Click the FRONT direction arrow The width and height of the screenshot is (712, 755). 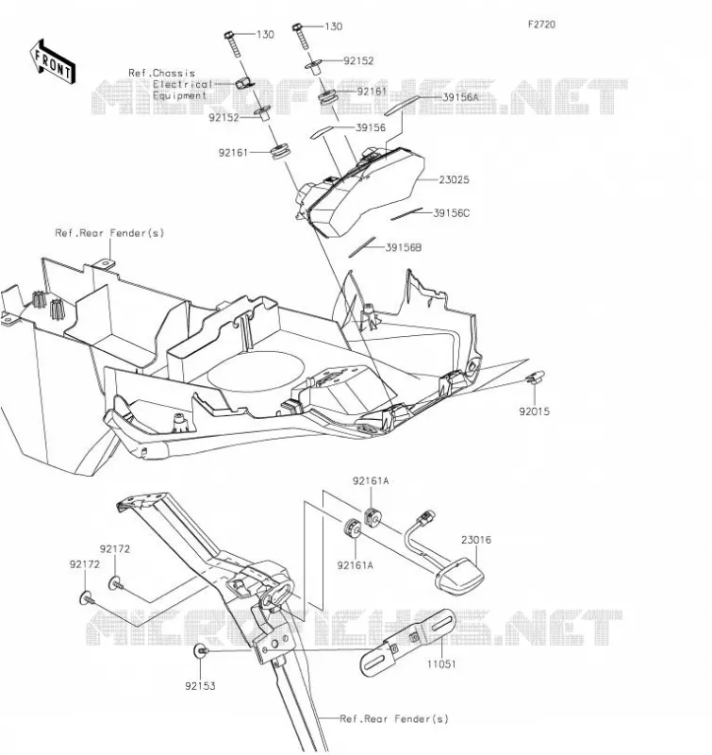tap(53, 62)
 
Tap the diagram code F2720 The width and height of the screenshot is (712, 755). tap(541, 25)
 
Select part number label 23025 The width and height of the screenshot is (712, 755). tap(455, 179)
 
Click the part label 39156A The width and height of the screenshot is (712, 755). tap(461, 97)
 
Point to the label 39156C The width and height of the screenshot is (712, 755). tap(452, 213)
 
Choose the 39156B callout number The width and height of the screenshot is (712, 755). tap(403, 247)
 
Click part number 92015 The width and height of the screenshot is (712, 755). tap(534, 411)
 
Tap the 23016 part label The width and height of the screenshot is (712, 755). tap(476, 540)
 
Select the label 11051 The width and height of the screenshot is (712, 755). tap(441, 664)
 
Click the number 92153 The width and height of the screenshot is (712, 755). tap(200, 686)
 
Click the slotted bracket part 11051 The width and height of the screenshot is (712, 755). tap(408, 642)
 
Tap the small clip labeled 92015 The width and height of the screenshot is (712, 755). tap(536, 377)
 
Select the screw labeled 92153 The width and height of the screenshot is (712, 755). tap(201, 651)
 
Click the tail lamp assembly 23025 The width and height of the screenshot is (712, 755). tap(361, 193)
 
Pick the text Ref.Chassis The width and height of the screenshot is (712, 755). tap(161, 74)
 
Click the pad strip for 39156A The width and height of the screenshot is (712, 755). tap(403, 106)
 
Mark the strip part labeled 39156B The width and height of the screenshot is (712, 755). tap(363, 246)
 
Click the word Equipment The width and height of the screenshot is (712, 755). tap(180, 96)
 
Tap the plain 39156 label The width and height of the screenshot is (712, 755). tap(371, 127)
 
